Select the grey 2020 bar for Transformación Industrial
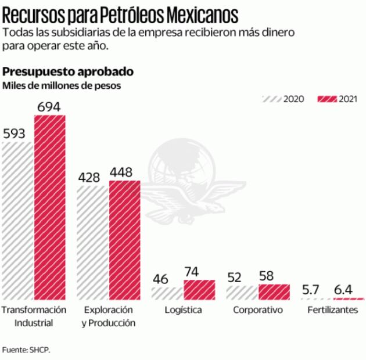click(x=18, y=221)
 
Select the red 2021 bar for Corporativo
click(x=274, y=291)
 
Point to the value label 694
click(x=50, y=106)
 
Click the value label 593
click(x=15, y=134)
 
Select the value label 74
click(x=192, y=272)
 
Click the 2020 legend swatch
click(x=272, y=99)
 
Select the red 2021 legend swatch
click(x=327, y=99)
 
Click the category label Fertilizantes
click(x=332, y=310)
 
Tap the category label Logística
click(x=183, y=310)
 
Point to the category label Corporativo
click(x=258, y=310)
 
